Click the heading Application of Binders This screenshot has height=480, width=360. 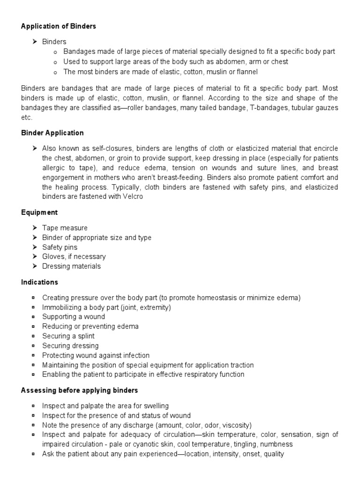point(59,26)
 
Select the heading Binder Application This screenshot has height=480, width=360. point(52,133)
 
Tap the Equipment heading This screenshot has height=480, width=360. point(39,212)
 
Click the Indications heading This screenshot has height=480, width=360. point(40,282)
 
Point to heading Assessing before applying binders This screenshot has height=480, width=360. point(80,390)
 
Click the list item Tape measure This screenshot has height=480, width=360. point(65,228)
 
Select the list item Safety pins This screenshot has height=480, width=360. point(60,247)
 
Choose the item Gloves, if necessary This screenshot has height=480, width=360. point(74,256)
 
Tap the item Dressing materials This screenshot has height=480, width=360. point(71,266)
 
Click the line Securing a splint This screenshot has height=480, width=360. point(68,336)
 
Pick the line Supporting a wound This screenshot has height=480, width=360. point(74,317)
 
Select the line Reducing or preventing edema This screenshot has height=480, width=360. point(90,326)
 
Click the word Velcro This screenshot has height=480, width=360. point(132,197)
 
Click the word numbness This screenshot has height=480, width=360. point(275,444)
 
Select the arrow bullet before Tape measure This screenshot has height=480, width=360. point(35,228)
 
